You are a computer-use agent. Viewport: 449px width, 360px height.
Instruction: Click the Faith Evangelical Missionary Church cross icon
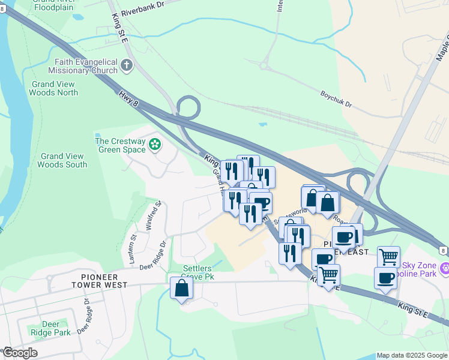(127, 64)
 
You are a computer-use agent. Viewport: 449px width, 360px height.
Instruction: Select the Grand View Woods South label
(62, 160)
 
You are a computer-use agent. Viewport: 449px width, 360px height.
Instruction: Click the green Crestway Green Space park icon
(155, 144)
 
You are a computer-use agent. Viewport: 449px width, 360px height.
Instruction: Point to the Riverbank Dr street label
(142, 8)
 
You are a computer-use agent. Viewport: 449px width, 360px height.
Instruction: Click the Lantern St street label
(133, 246)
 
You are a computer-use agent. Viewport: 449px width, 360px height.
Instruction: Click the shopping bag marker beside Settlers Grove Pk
(181, 289)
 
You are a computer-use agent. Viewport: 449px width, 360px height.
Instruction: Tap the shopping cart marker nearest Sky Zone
(388, 257)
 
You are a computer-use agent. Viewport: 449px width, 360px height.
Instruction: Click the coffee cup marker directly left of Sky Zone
(385, 278)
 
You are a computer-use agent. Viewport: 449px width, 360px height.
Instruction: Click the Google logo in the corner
(20, 353)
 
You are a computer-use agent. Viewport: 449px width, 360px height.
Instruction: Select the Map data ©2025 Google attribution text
(412, 355)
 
